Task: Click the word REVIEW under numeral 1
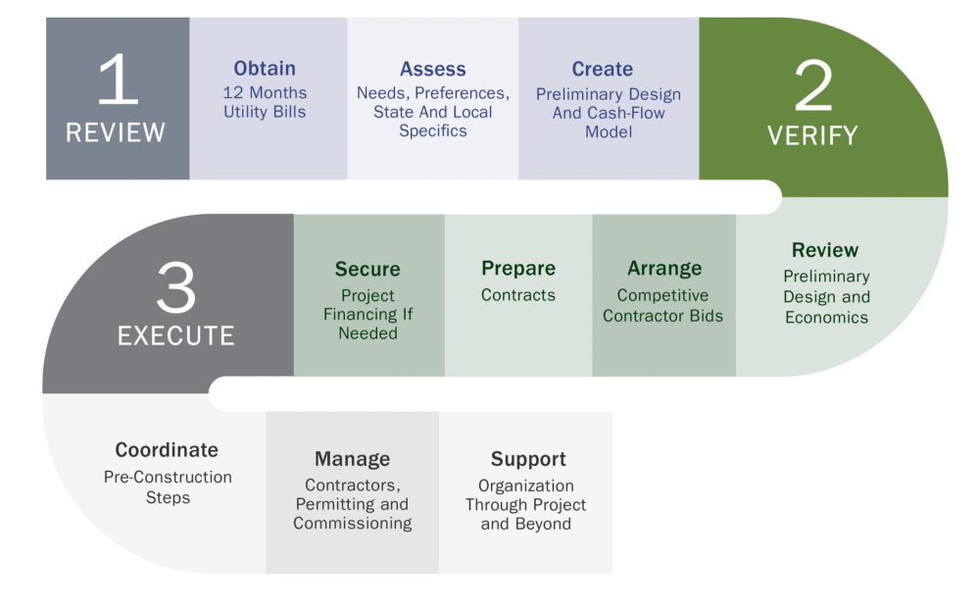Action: point(116,132)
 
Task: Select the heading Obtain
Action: point(265,69)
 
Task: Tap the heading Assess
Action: point(432,70)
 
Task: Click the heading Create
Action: point(602,70)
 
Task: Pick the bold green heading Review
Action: point(825,250)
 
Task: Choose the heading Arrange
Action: point(664,269)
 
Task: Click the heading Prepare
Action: point(518,269)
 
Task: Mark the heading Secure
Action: point(367,270)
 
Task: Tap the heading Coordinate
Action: point(167,450)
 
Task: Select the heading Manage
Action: point(352,459)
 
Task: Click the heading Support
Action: point(528,459)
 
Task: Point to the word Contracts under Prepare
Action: point(518,295)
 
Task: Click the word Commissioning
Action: point(353,524)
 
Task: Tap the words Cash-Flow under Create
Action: point(627,113)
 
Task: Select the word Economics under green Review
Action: point(826,318)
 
